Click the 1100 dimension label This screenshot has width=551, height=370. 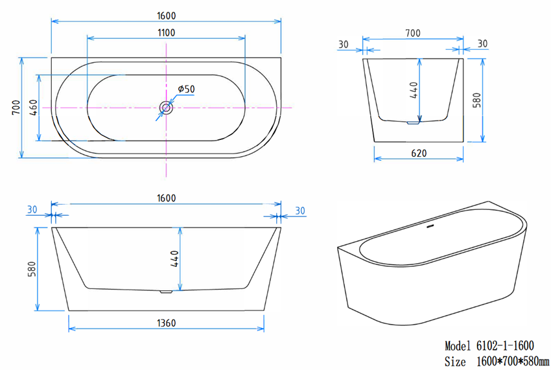[x=166, y=32]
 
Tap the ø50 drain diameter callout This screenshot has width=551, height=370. [x=186, y=89]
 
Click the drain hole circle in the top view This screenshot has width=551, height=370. [x=167, y=108]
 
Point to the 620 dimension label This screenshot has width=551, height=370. [x=418, y=154]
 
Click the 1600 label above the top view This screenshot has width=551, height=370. [x=166, y=15]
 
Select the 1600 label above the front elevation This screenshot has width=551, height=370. [x=166, y=198]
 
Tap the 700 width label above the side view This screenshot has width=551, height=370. [x=413, y=33]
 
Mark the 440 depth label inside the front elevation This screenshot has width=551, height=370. [x=174, y=259]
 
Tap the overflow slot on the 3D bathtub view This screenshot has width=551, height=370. [x=429, y=227]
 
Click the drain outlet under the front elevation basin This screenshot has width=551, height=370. [x=166, y=292]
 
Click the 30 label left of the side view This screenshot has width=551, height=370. [x=343, y=44]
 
